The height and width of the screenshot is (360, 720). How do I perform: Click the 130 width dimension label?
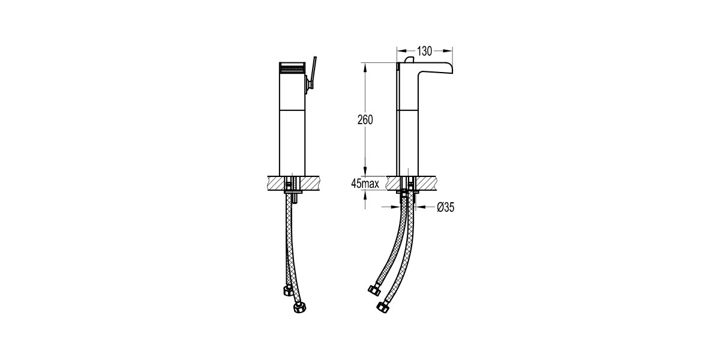tap(424, 52)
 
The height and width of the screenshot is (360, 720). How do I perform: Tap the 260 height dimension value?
tap(365, 119)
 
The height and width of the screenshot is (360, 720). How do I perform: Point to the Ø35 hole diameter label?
tap(445, 207)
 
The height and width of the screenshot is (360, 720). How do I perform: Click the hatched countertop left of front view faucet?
tap(274, 182)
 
